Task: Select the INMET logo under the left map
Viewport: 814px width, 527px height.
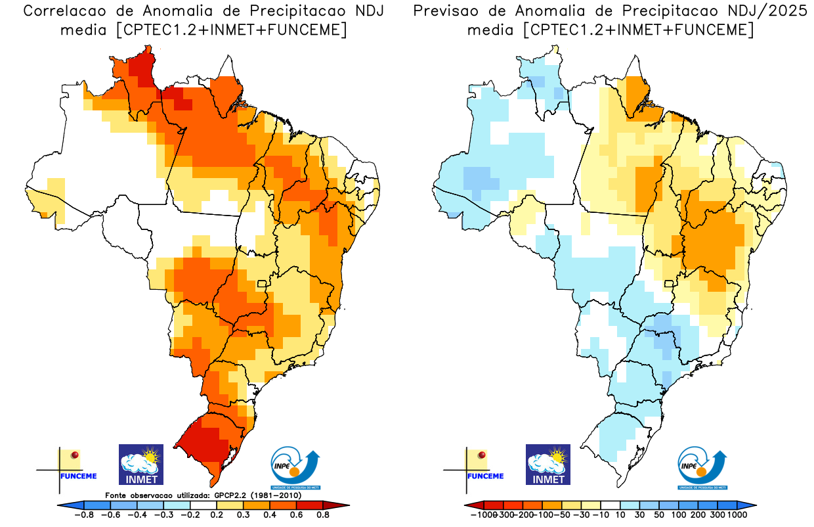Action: pyautogui.click(x=140, y=464)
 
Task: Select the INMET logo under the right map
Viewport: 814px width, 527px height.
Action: pyautogui.click(x=548, y=464)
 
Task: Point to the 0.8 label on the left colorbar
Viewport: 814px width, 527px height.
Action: pyautogui.click(x=324, y=515)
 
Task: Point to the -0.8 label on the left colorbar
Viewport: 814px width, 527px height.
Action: pyautogui.click(x=84, y=515)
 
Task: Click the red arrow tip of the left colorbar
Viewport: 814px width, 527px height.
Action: pyautogui.click(x=343, y=505)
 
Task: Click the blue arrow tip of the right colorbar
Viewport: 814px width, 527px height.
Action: pyautogui.click(x=752, y=505)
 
